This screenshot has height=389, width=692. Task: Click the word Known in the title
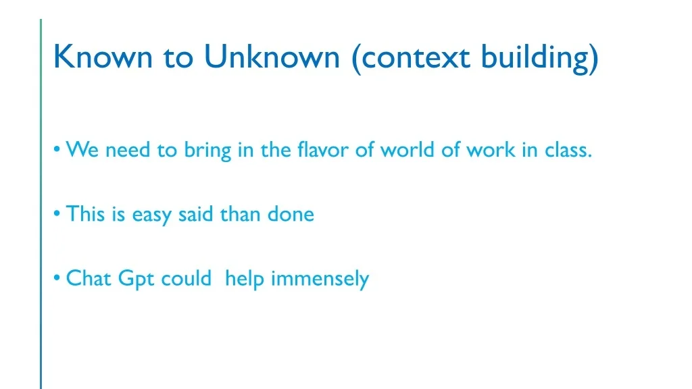tap(103, 57)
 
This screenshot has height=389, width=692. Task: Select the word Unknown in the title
tap(272, 57)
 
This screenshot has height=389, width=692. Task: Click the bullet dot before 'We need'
tap(57, 149)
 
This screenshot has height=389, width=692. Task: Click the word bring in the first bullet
tap(207, 151)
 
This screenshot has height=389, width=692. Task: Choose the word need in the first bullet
tap(128, 149)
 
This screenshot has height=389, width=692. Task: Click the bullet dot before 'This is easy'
tap(57, 213)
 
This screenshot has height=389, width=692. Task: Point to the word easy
tap(151, 215)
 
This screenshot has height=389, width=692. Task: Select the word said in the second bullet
tap(195, 214)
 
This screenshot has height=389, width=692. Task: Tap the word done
tap(291, 214)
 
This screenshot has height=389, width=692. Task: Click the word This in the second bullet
tap(85, 214)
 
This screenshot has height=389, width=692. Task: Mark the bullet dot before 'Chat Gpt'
tap(57, 278)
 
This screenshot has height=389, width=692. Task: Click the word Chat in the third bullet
tap(89, 278)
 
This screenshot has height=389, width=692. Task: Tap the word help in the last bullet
tap(245, 280)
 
